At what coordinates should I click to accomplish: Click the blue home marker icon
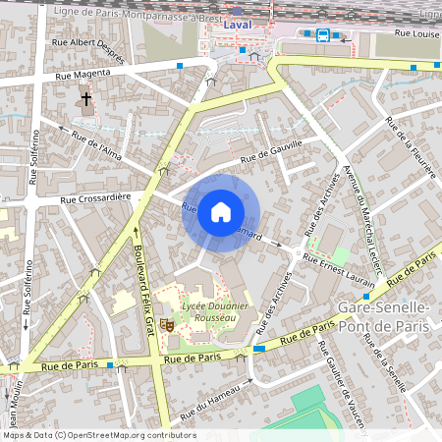(221, 211)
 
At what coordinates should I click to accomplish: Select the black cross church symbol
(85, 99)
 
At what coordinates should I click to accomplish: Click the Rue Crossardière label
(97, 199)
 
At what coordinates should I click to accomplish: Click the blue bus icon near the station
(323, 35)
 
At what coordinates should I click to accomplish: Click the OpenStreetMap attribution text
(98, 435)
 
